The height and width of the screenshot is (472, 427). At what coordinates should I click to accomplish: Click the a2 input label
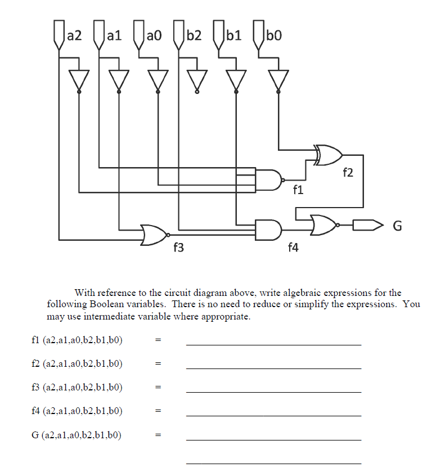click(74, 37)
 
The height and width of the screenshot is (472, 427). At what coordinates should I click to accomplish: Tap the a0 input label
click(154, 37)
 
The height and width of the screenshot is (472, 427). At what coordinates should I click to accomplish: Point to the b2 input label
click(194, 37)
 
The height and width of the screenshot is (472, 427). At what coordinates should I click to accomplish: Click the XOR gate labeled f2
click(329, 155)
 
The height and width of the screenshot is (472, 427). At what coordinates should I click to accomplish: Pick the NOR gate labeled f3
click(154, 235)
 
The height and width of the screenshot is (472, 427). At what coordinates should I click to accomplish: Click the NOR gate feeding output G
click(323, 225)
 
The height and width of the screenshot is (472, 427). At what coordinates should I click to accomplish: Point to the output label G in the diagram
click(397, 226)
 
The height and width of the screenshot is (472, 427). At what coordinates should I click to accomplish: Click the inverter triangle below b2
click(196, 79)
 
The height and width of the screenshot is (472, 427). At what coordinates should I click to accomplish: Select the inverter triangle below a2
click(78, 79)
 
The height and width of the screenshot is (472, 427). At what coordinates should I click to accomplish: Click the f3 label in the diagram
click(178, 248)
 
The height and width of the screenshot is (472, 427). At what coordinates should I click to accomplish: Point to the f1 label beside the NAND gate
click(298, 190)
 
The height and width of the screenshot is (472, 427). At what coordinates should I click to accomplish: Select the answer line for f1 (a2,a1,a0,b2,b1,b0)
click(273, 343)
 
